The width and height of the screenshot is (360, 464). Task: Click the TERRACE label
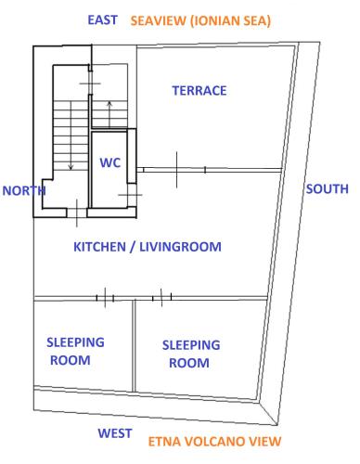(x=199, y=90)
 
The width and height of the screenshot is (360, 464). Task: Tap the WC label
(x=109, y=162)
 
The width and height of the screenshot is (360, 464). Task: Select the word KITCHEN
(x=103, y=247)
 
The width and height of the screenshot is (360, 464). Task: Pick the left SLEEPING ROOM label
(x=75, y=350)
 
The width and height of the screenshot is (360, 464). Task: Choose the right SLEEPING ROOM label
(x=191, y=354)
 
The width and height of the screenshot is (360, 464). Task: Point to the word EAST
(x=101, y=19)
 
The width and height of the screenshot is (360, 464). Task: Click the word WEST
(x=118, y=433)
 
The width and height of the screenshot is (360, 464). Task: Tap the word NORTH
(x=24, y=190)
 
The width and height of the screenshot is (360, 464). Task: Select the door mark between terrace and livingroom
(x=175, y=169)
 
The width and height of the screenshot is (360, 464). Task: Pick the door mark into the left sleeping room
(x=105, y=297)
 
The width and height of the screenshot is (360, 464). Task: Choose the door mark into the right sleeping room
(x=162, y=297)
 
